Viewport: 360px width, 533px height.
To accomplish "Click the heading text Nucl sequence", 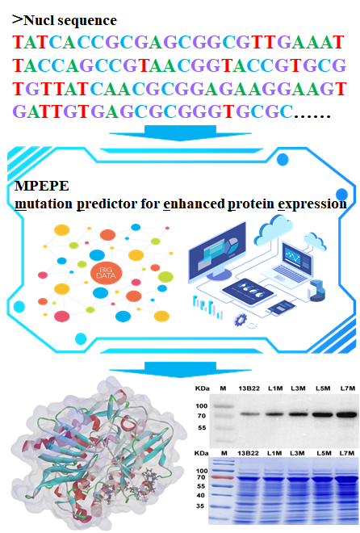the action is [x=70, y=20].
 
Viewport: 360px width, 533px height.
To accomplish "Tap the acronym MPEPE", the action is [x=42, y=186].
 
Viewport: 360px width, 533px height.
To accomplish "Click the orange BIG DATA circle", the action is [x=106, y=273].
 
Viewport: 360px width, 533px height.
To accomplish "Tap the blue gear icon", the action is [x=241, y=320].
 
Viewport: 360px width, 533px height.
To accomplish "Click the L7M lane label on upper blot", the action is [x=347, y=388].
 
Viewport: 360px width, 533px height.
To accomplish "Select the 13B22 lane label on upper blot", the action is [x=249, y=388].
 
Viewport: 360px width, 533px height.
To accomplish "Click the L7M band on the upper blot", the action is [x=347, y=414].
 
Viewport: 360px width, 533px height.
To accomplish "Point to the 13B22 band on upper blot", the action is [x=249, y=414].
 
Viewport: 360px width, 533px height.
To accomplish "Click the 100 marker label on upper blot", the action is [x=202, y=406].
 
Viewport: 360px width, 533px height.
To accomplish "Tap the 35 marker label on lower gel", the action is [x=200, y=506].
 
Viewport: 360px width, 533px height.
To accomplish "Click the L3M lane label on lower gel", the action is [x=297, y=453].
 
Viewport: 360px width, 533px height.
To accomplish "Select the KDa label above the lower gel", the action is [x=202, y=453].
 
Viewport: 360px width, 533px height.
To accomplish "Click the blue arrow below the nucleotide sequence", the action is [x=180, y=133].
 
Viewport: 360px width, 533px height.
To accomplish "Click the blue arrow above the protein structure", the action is [x=180, y=370].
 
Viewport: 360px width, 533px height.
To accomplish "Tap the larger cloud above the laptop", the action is [x=274, y=227].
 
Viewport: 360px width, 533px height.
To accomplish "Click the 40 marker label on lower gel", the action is [x=200, y=495].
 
